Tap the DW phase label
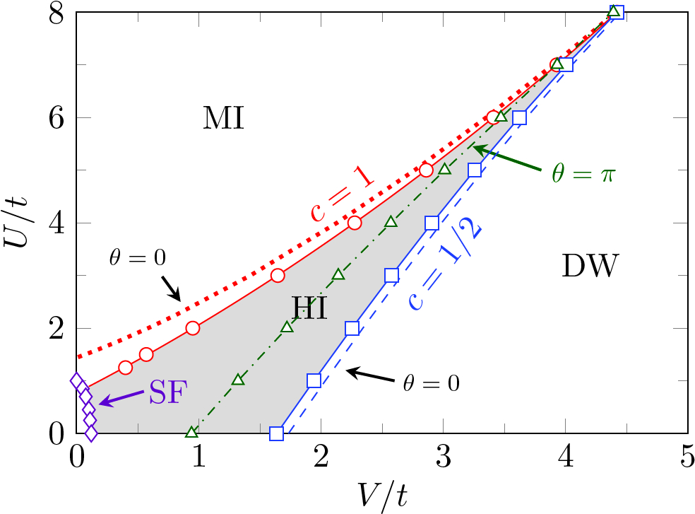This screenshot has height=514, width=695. tap(590, 267)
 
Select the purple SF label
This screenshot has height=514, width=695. tap(168, 391)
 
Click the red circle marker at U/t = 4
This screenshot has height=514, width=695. tap(355, 223)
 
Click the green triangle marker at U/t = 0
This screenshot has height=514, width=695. tap(191, 431)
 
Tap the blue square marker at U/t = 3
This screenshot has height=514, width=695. tap(391, 275)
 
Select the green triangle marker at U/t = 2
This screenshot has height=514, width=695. tap(287, 327)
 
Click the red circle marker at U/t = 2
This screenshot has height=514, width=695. tap(193, 328)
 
